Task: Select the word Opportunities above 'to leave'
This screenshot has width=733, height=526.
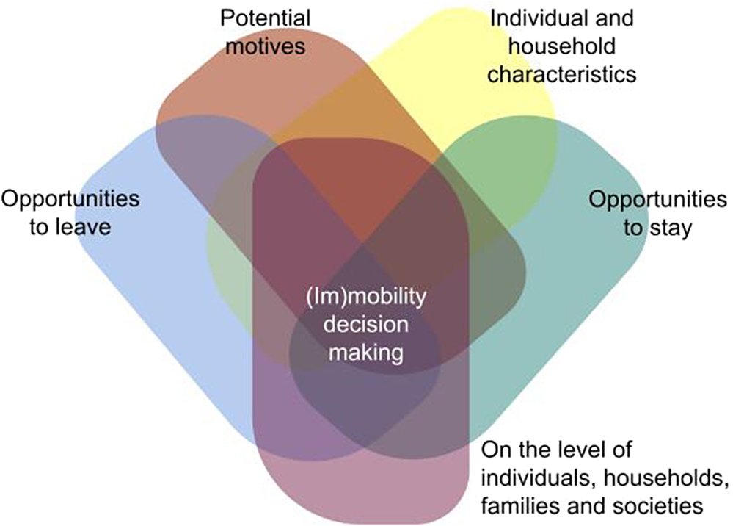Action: (x=71, y=199)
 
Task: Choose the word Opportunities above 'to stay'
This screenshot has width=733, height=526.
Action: (x=658, y=199)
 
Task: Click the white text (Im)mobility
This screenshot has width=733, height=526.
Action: (x=365, y=298)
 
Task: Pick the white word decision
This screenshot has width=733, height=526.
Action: (x=365, y=325)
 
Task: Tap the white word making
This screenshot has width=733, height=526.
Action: (x=365, y=353)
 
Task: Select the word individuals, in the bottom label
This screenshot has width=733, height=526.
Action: (x=534, y=478)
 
